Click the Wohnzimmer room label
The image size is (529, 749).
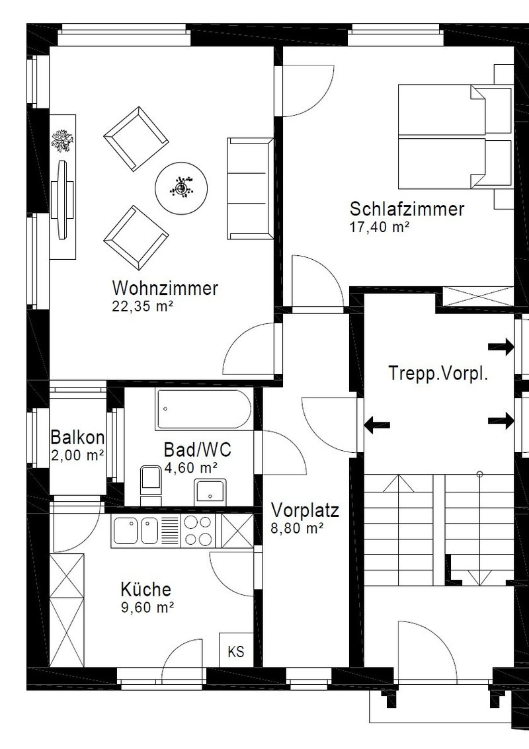click(165, 288)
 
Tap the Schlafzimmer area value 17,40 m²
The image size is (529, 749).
click(380, 227)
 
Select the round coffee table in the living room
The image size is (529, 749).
click(182, 188)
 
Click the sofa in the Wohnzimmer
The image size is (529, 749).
click(251, 188)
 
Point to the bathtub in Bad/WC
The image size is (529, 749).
click(203, 409)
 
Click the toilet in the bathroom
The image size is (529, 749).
click(151, 483)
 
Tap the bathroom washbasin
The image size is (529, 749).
click(210, 491)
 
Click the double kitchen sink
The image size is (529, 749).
click(136, 530)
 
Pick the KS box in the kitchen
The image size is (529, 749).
click(236, 650)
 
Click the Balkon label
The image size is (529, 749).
click(77, 436)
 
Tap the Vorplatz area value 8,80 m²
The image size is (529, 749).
click(298, 528)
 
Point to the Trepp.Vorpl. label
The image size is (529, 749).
click(438, 373)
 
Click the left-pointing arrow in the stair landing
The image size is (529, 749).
click(377, 424)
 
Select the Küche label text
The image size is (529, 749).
click(145, 589)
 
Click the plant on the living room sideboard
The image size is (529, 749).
click(63, 141)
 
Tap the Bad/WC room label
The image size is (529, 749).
click(197, 450)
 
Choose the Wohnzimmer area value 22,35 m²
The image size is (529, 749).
click(142, 306)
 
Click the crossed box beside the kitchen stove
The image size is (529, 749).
click(237, 530)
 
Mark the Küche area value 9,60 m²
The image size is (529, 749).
click(147, 607)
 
